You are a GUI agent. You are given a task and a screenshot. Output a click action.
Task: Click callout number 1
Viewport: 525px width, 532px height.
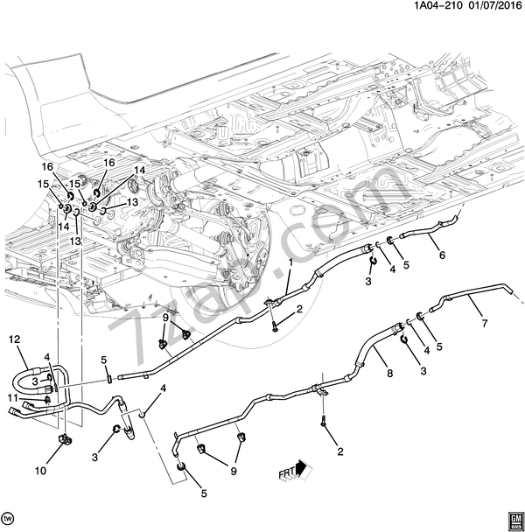[290, 262]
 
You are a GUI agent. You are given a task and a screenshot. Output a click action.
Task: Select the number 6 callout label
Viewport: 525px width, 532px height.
[441, 255]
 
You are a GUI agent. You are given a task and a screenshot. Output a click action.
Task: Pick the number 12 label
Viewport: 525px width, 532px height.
[13, 339]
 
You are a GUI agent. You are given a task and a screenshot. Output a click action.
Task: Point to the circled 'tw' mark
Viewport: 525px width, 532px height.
[10, 517]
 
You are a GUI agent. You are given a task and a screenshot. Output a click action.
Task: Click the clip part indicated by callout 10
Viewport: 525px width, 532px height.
[63, 440]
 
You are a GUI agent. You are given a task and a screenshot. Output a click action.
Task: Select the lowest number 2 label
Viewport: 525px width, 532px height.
[339, 451]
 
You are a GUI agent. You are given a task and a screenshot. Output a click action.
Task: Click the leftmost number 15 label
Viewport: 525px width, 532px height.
[42, 183]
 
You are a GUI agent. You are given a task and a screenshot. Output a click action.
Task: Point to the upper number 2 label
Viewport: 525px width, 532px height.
[299, 309]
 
